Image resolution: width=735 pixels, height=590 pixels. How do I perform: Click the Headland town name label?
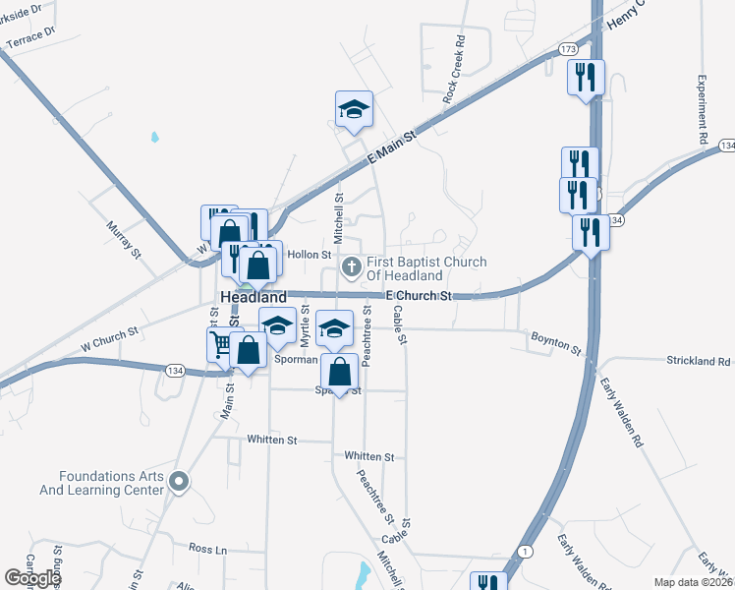click(x=254, y=296)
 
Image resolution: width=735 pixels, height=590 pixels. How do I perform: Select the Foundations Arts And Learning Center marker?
click(x=178, y=482)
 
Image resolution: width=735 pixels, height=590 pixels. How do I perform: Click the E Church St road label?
click(x=418, y=295)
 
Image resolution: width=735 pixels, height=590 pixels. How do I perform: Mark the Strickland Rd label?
click(x=697, y=361)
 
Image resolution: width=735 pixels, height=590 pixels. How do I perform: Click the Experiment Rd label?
click(x=704, y=111)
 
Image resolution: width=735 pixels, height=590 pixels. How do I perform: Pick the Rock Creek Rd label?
click(x=453, y=72)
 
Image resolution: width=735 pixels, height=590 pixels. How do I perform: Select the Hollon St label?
click(x=310, y=255)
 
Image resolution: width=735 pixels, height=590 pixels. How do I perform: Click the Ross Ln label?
click(x=207, y=548)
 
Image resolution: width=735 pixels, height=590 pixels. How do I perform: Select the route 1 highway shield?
click(x=527, y=553)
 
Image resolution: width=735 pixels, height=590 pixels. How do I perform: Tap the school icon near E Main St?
click(x=353, y=111)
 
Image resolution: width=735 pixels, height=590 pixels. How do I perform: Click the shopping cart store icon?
click(x=218, y=344)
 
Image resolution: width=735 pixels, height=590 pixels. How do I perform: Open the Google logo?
click(x=32, y=578)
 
